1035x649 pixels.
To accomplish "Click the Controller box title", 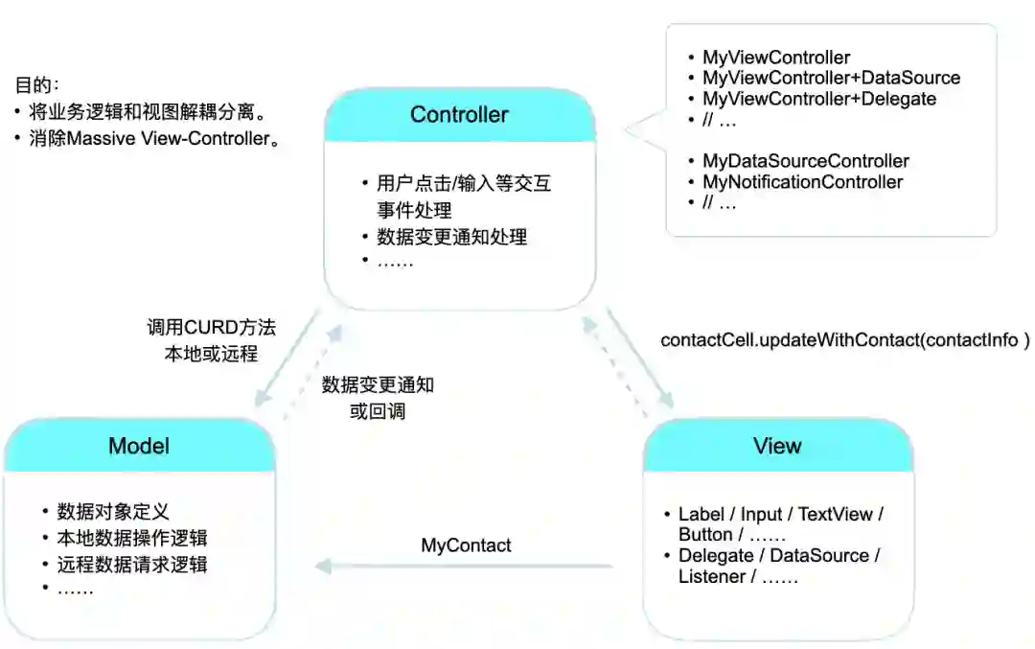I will [459, 115].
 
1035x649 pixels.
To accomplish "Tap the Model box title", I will [139, 446].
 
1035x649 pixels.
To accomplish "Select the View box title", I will [777, 446].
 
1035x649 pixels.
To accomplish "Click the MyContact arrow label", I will [466, 545].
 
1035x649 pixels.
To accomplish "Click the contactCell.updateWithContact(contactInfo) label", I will [844, 340].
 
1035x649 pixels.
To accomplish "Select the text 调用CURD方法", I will [211, 328].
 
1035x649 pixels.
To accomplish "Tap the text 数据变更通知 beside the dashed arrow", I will [378, 385].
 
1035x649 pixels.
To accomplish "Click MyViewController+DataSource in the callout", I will [831, 79].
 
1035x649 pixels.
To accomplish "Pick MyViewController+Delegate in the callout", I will [819, 99].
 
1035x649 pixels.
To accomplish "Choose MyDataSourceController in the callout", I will [805, 161].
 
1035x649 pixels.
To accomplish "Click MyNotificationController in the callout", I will [802, 182].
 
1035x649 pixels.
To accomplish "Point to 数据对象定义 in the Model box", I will [113, 511].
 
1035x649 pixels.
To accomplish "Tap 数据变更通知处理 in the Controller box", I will [451, 236].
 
